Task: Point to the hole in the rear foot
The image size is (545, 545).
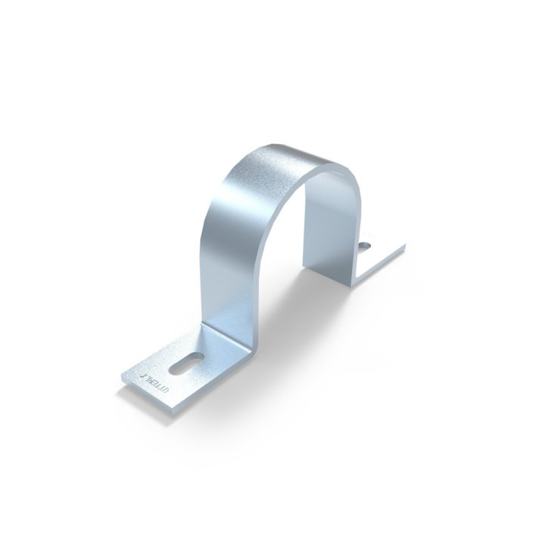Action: pyautogui.click(x=365, y=245)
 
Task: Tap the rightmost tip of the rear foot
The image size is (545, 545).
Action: pyautogui.click(x=405, y=247)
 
